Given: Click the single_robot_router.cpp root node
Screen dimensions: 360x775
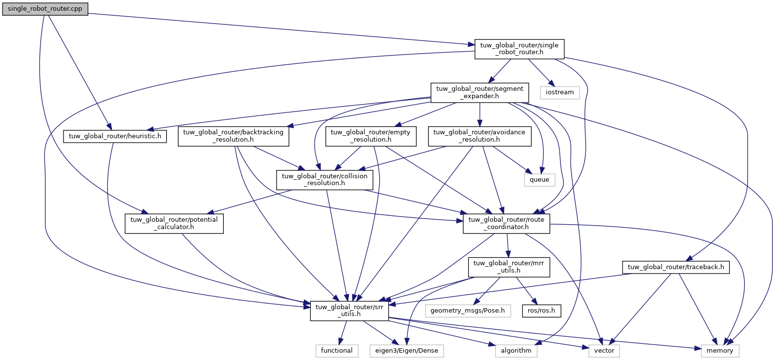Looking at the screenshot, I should point(45,9).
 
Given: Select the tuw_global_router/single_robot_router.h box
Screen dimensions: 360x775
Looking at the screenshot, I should point(519,49).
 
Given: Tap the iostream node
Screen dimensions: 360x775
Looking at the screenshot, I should point(560,92).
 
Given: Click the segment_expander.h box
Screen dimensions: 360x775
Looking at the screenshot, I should point(479,92).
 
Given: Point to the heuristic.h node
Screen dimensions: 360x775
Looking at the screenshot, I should point(115,136).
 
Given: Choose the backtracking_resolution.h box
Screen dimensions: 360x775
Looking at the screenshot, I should point(233,136).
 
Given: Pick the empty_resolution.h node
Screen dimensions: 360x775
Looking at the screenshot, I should point(370,136).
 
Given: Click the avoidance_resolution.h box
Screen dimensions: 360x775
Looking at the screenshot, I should point(479,136).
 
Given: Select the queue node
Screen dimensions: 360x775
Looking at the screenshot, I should point(539,180).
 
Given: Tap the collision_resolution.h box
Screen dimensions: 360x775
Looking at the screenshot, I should point(324,180).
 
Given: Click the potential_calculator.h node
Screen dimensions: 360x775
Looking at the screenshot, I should point(174,223).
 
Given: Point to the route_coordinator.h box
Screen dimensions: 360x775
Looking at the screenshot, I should point(506,223).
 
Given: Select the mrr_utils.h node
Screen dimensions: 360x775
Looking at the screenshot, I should point(509,267).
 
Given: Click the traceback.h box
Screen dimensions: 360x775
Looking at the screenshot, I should point(675,267).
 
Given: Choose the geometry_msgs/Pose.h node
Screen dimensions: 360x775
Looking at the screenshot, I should point(468,311).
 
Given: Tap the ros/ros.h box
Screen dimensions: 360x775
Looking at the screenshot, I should point(541,311).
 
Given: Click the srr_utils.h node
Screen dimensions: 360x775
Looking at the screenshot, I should point(349,311).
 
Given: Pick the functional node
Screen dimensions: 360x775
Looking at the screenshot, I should point(337,351).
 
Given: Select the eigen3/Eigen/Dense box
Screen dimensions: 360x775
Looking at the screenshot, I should point(407,351).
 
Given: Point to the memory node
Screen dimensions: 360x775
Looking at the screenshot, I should point(720,351).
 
